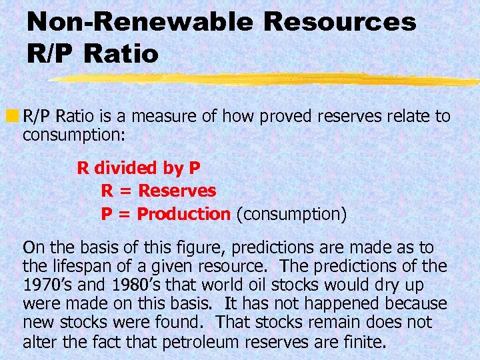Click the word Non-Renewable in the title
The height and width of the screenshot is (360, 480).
(141, 22)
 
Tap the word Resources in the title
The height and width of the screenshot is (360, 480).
(340, 22)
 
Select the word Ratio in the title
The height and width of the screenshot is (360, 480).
(121, 54)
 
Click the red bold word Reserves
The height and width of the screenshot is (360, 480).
(177, 191)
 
